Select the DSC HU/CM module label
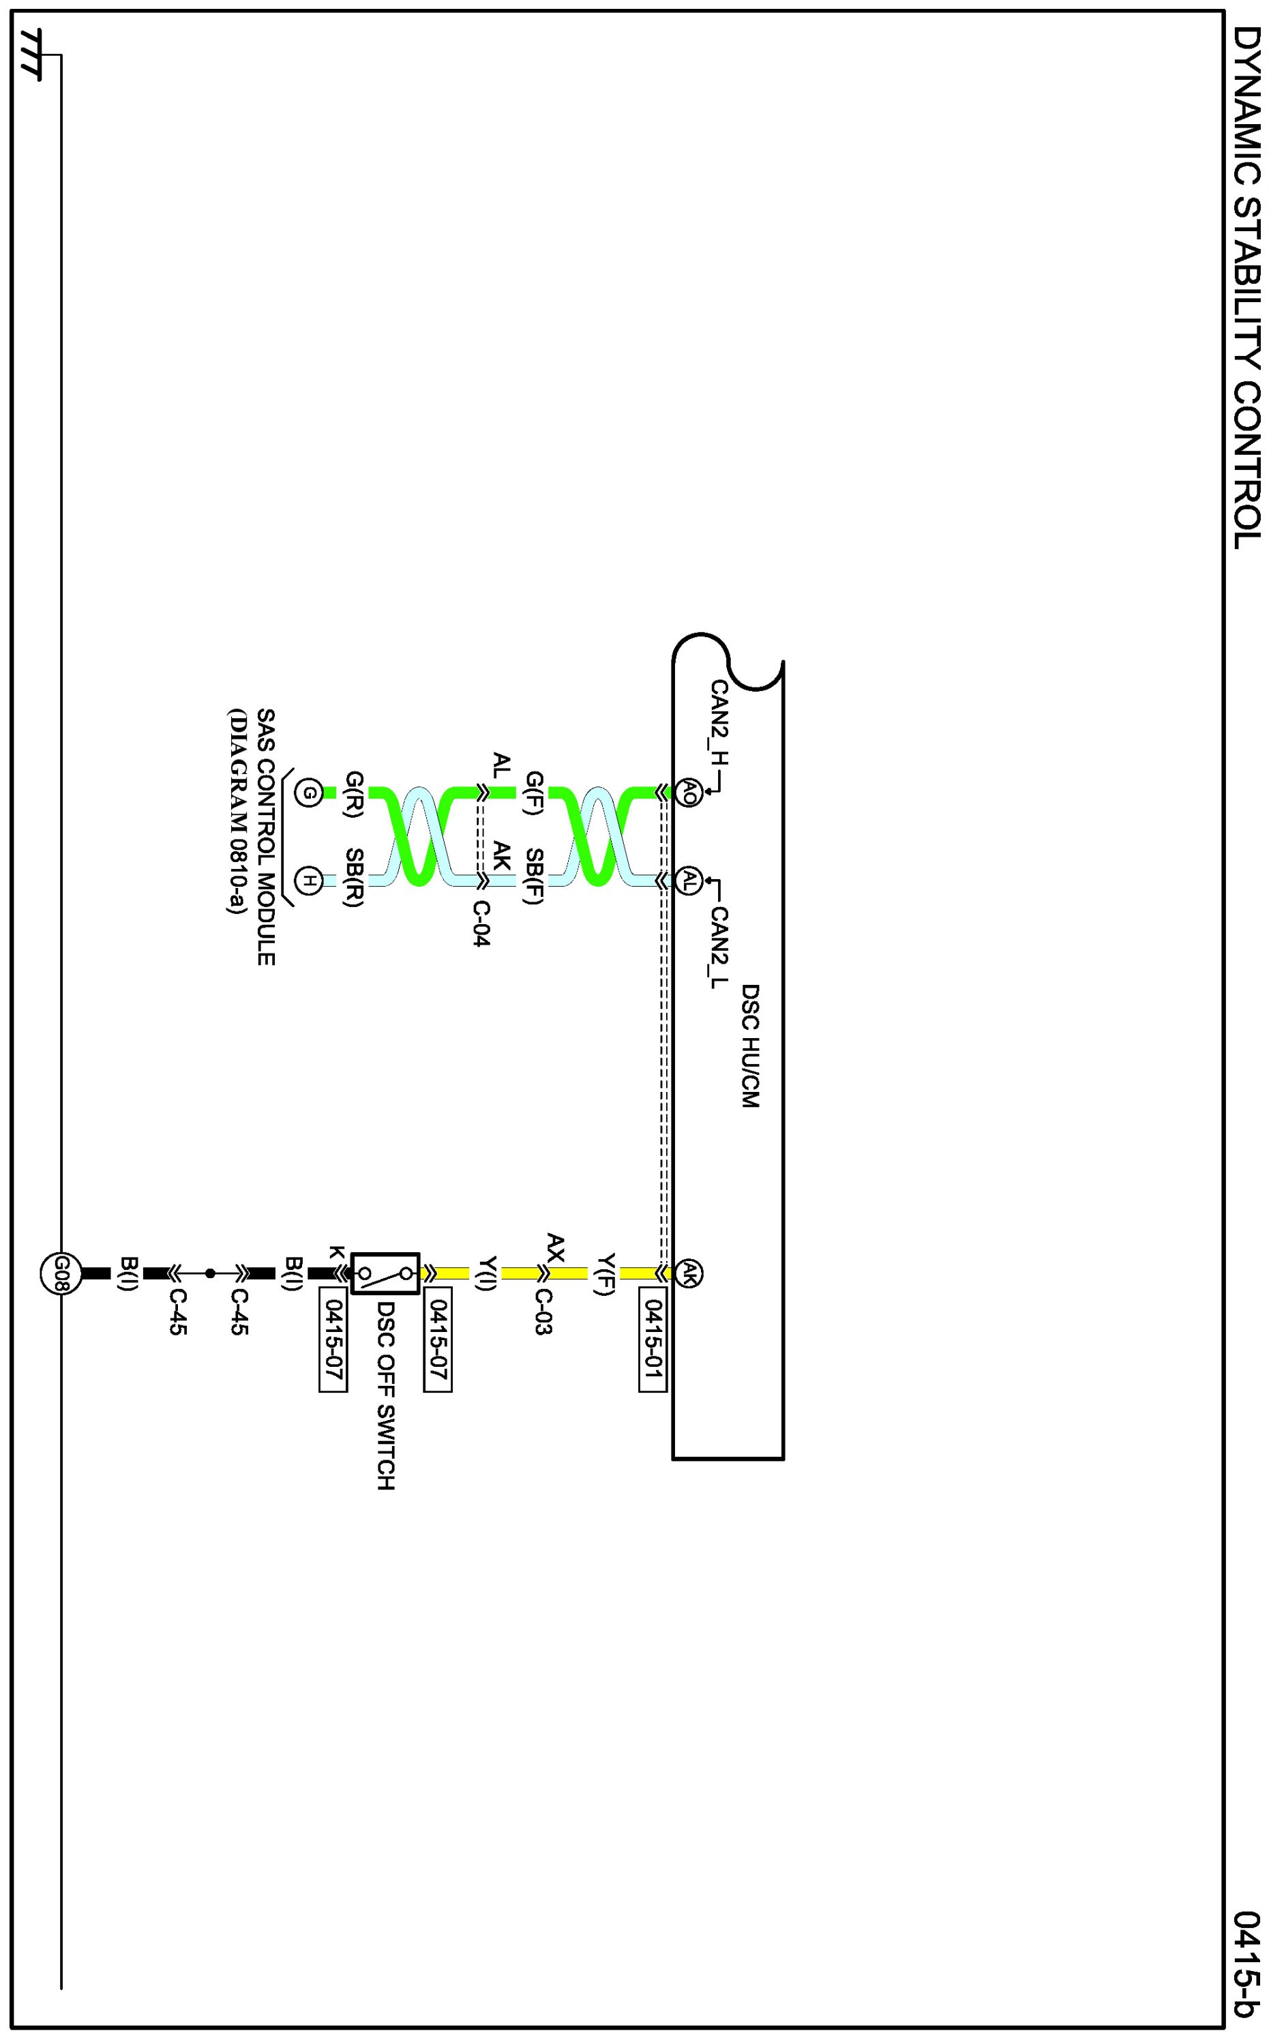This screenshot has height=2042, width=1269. tap(750, 1046)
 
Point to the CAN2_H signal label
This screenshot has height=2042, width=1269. tap(719, 723)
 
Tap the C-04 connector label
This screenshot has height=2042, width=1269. tap(481, 924)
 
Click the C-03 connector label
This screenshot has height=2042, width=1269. tap(543, 1312)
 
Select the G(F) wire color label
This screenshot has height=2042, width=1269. tap(535, 794)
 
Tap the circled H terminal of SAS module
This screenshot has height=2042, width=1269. tap(309, 881)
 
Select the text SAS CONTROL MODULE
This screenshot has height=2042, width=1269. tap(265, 837)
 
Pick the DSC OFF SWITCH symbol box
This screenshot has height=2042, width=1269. tap(385, 1274)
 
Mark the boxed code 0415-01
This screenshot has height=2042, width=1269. tap(652, 1344)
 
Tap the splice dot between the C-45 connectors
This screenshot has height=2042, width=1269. tap(210, 1273)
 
